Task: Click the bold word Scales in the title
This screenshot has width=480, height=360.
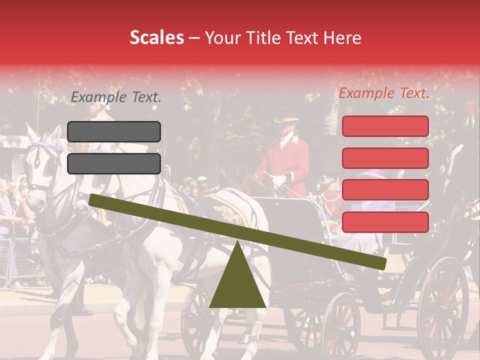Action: click(x=156, y=38)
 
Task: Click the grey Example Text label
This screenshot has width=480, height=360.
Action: click(x=116, y=97)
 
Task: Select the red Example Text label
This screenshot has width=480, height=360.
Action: click(x=384, y=93)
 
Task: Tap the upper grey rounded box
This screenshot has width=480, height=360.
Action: click(x=114, y=131)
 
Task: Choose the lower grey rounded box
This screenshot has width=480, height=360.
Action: click(x=114, y=163)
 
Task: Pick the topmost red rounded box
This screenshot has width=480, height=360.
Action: click(x=385, y=126)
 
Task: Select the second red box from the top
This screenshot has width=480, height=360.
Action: click(x=385, y=158)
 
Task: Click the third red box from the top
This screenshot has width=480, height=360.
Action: click(x=385, y=190)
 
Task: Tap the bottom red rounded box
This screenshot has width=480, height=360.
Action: click(x=385, y=222)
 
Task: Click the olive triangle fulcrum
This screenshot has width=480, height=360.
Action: click(x=237, y=280)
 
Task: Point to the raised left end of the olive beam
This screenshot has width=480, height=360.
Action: click(x=93, y=199)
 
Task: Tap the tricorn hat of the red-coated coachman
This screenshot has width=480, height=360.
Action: click(x=286, y=120)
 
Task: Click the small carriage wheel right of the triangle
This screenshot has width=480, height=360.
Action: click(x=340, y=325)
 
